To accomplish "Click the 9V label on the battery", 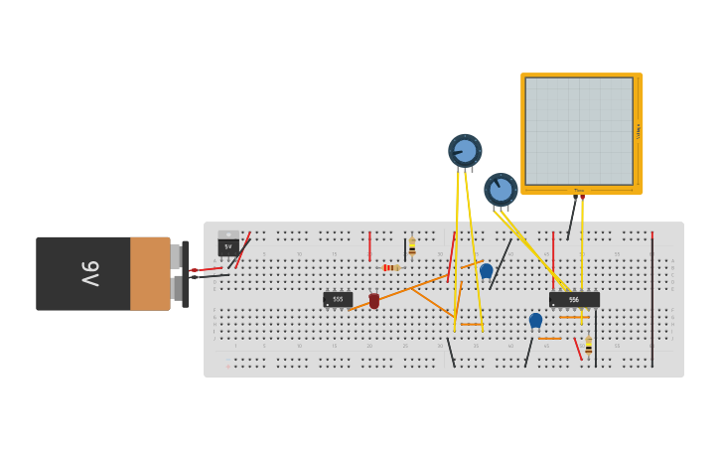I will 89,273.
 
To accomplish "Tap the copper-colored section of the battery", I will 150,273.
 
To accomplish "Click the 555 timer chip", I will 338,299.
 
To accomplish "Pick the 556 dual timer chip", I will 574,299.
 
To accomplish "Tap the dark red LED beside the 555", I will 373,300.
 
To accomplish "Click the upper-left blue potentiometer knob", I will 464,151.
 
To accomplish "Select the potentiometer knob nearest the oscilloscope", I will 501,189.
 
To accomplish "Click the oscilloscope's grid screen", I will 579,130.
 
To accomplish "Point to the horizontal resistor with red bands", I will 390,267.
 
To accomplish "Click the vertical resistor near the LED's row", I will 412,247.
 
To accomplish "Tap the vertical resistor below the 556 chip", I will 589,346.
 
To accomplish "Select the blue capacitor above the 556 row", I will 486,270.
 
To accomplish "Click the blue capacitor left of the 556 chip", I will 535,320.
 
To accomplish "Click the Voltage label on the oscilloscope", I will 638,130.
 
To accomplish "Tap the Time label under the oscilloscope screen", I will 579,191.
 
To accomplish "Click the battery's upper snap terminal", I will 176,256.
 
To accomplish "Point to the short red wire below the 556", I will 577,349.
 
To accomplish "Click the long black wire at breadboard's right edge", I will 652,298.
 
